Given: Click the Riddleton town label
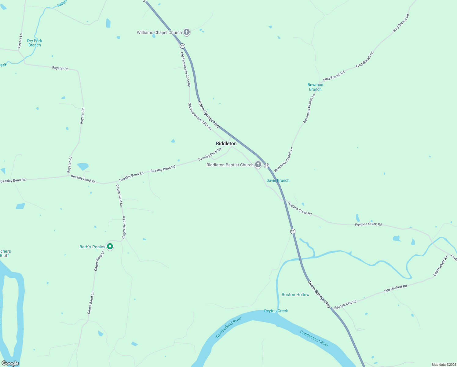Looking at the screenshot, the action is pos(226,143).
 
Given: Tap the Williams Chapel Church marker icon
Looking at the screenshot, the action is pos(186,32).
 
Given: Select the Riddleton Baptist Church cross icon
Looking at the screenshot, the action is pos(258,165).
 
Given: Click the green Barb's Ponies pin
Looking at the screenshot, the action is pos(110,246).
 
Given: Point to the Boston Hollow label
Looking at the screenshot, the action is pos(295,295).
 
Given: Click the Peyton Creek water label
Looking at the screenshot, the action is pos(276,311).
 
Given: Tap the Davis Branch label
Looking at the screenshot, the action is pos(278,180).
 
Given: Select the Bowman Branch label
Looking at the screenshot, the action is pos(315,87).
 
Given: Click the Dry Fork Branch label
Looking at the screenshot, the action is pos(35,43).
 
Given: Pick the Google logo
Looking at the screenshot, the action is pos(10,363).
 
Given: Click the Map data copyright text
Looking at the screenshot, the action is pos(444,365).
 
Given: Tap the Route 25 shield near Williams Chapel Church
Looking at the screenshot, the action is pos(182,46).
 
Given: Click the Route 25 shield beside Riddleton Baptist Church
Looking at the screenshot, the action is pos(266,165).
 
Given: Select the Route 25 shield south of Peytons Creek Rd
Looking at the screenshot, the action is pos(293,231).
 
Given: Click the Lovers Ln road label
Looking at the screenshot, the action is pos(20,40).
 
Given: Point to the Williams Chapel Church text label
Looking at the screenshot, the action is pos(159,32).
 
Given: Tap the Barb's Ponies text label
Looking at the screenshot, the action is pos(92,247).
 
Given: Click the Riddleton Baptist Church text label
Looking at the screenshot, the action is pos(230,165).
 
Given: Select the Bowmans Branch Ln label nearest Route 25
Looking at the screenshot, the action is pos(284,160).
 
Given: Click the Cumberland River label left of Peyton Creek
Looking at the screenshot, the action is pos(228,327).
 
